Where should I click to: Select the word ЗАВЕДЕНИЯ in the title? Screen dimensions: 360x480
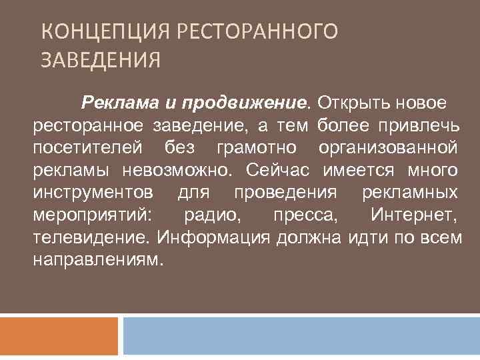pyautogui.click(x=101, y=62)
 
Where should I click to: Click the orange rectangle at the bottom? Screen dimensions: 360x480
pyautogui.click(x=59, y=336)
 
